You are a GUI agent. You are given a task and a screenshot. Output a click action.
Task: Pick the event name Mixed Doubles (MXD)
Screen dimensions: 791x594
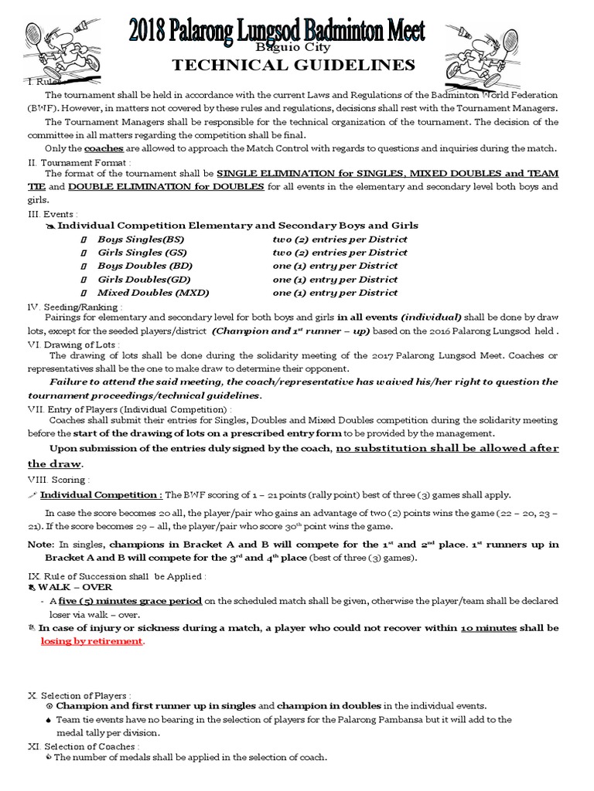tap(152, 293)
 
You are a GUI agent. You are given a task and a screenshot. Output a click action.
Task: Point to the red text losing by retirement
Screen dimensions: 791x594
tap(91, 642)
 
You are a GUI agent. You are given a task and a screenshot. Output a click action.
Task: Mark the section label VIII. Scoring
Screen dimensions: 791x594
tap(59, 480)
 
